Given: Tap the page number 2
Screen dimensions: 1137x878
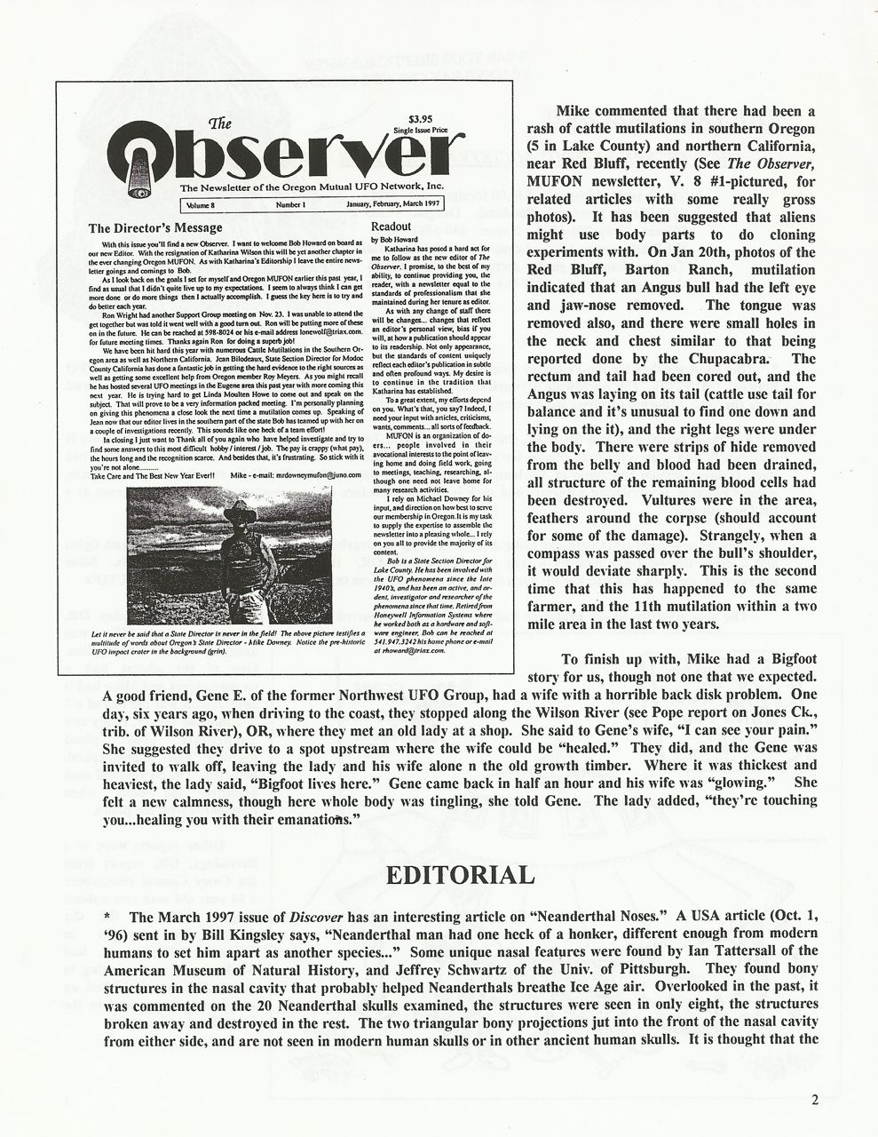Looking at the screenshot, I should point(814,1098).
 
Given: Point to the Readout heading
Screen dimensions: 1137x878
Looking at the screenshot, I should point(391,227).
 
